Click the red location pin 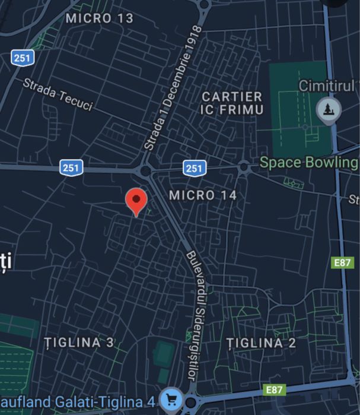(137, 201)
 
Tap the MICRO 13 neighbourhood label (100, 18)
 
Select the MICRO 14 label (203, 195)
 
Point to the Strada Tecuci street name (58, 94)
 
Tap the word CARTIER (232, 96)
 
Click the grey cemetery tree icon (326, 110)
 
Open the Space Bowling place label (308, 162)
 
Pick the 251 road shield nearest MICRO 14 (194, 168)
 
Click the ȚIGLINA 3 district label (79, 343)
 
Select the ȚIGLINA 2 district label (262, 343)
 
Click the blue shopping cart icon (172, 399)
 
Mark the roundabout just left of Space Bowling (244, 167)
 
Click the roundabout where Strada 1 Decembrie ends (145, 171)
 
